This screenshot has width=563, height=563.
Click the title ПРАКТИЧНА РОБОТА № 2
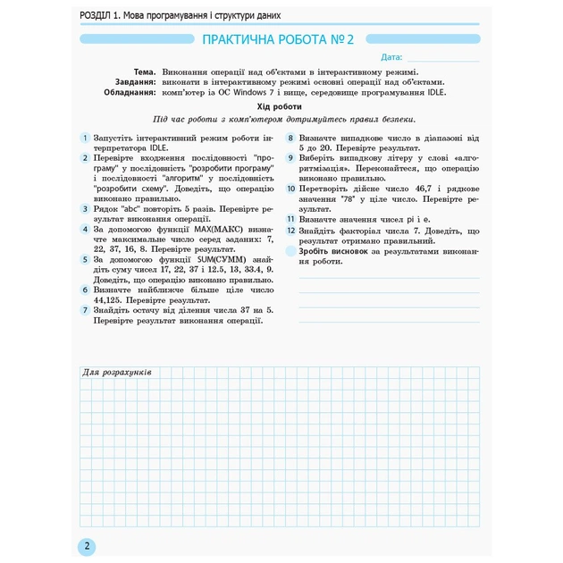click(x=279, y=39)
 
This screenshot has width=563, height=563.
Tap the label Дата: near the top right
click(x=391, y=57)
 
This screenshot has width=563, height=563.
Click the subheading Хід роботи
click(x=282, y=105)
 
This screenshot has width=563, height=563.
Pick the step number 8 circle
click(x=291, y=139)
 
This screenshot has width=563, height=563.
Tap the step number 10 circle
click(x=291, y=189)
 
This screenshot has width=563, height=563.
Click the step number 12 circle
click(x=291, y=231)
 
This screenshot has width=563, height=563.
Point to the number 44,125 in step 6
click(x=111, y=299)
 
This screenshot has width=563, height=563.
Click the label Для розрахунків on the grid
click(x=116, y=373)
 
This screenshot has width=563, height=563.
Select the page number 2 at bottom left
click(x=86, y=546)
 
